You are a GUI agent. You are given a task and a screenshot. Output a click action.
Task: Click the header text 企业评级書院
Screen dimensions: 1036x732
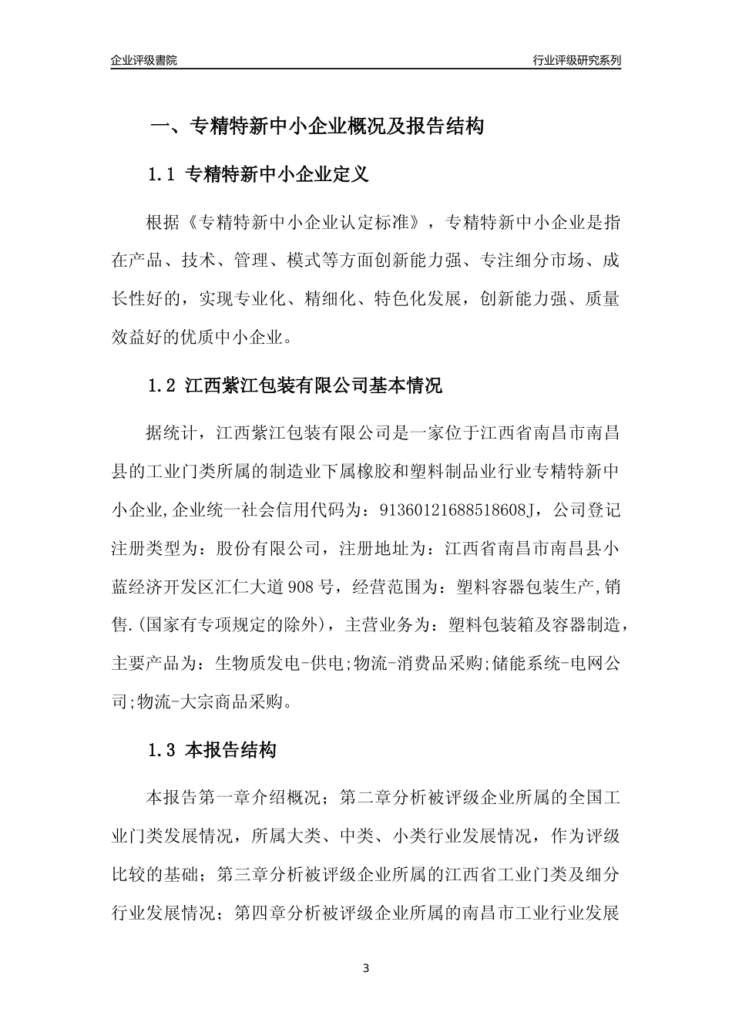tap(144, 60)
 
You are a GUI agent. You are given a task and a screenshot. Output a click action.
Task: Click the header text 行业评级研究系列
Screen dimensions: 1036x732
tap(576, 60)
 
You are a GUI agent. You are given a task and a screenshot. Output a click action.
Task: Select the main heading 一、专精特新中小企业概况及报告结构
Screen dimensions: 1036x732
tap(316, 126)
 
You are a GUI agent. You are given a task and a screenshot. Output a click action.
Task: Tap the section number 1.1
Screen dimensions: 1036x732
tap(163, 175)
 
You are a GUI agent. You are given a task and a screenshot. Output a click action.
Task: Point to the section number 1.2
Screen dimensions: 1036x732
tap(163, 386)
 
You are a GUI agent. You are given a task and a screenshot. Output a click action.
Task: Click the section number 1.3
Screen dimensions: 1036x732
tap(163, 750)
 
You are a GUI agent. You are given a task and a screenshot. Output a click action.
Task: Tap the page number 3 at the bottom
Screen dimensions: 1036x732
tap(366, 967)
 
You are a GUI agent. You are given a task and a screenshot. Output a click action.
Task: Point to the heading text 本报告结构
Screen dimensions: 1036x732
tap(231, 750)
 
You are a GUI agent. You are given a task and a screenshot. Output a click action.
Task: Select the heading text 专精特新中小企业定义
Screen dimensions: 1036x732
tap(277, 175)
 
